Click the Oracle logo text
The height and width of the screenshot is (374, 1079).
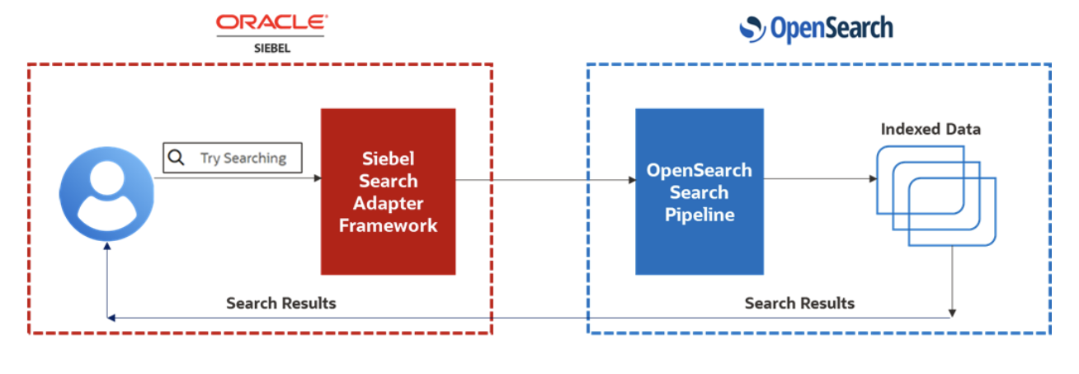point(271,23)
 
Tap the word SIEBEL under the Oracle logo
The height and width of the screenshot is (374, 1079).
point(271,48)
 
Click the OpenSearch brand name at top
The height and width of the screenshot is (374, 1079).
point(831,29)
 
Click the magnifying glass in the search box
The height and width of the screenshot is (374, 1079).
point(177,157)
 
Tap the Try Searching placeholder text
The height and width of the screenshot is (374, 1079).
point(243,158)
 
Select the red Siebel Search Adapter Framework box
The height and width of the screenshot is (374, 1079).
point(388,191)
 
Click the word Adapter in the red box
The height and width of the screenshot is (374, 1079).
point(388,203)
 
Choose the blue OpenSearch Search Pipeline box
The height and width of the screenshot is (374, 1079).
point(699,192)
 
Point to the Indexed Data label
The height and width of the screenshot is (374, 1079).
point(931,130)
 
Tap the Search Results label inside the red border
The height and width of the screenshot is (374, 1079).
point(281,303)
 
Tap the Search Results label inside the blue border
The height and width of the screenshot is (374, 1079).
point(799,303)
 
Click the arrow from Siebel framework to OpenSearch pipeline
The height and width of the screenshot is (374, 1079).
point(544,179)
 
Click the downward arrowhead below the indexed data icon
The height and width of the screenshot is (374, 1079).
point(953,313)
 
